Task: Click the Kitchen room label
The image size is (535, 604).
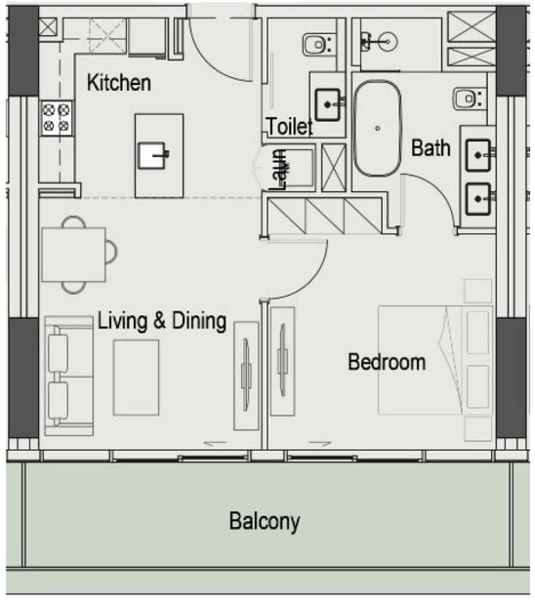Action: click(x=119, y=82)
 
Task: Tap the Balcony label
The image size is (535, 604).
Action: click(x=265, y=522)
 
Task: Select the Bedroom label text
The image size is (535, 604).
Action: click(x=387, y=362)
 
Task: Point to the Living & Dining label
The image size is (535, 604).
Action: click(x=162, y=321)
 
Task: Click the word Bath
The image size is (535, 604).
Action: click(x=431, y=148)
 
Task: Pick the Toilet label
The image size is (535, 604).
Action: click(x=290, y=126)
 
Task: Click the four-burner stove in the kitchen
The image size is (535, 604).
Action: click(x=57, y=118)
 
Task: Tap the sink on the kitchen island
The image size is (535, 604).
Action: click(x=153, y=155)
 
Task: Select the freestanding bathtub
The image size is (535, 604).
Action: click(x=378, y=129)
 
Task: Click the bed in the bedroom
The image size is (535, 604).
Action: click(x=435, y=360)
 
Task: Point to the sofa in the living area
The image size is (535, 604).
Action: click(x=69, y=376)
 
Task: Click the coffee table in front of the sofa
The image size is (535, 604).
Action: click(x=136, y=378)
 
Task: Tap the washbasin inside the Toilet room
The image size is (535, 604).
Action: click(x=328, y=104)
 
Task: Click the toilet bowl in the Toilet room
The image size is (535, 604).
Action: click(x=316, y=45)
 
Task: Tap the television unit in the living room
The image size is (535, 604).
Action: click(x=246, y=376)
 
